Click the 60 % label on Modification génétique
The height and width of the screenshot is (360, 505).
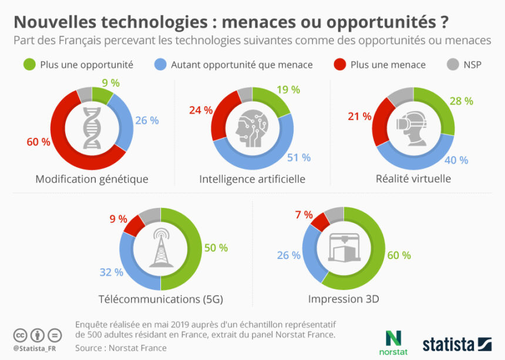click(x=38, y=142)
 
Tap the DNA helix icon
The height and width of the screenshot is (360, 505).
click(x=92, y=128)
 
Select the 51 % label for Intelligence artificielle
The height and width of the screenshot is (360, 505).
click(x=298, y=157)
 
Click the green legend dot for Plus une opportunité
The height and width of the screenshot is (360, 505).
click(x=29, y=64)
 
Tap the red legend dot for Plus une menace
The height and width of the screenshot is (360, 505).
click(x=339, y=64)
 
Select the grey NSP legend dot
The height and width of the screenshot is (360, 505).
click(x=452, y=64)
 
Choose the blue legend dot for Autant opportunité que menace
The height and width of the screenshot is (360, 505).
click(x=160, y=64)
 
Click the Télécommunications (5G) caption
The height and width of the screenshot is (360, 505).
click(x=160, y=300)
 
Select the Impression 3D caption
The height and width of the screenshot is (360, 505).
click(x=344, y=300)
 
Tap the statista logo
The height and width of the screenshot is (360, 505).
click(x=457, y=344)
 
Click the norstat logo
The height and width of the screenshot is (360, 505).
click(x=392, y=342)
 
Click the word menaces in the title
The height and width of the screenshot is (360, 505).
click(x=264, y=22)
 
